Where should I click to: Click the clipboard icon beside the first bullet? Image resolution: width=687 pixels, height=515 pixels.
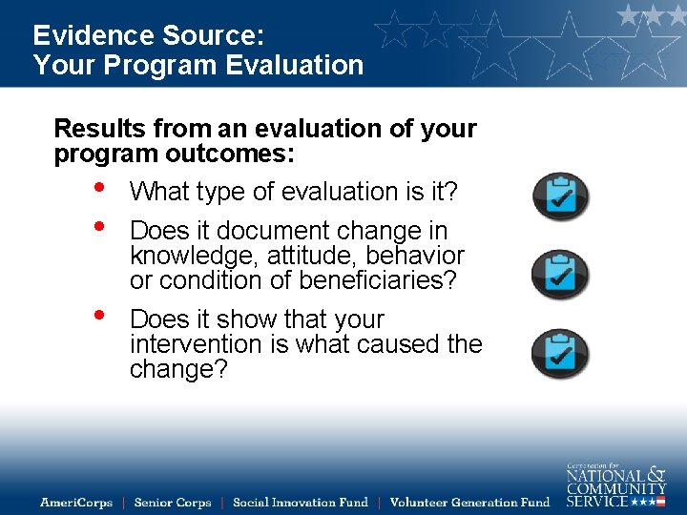coord(560,196)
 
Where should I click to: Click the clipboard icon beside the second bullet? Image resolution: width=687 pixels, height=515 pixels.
coord(560,274)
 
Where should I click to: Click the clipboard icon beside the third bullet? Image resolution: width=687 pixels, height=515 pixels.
coord(560,353)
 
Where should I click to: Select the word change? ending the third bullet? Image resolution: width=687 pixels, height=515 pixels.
coord(178,369)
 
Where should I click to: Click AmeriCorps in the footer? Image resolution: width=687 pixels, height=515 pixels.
coord(76,503)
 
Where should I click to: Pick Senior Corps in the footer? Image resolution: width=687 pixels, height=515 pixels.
coord(173,503)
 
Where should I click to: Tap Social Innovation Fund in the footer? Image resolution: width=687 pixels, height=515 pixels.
coord(300,503)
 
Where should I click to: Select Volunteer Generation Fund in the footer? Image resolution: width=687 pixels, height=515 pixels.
coord(469,503)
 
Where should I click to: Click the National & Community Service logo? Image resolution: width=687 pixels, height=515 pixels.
coord(615,485)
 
